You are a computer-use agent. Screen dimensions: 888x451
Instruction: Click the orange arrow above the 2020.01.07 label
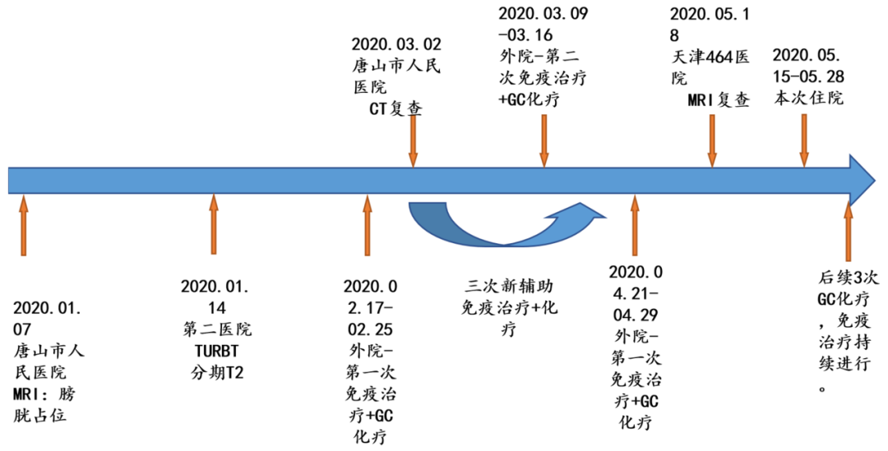click(23, 225)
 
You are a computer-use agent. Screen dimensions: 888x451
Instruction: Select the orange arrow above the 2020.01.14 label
click(214, 224)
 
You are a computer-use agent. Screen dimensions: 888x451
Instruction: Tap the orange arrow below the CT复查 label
click(414, 141)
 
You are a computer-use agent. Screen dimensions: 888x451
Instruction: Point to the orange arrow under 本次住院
click(804, 141)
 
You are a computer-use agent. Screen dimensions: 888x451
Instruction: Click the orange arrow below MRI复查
click(712, 141)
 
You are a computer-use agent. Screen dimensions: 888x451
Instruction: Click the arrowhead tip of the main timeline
click(876, 181)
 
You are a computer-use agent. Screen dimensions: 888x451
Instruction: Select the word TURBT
click(216, 352)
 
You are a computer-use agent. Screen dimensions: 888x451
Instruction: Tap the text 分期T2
click(217, 373)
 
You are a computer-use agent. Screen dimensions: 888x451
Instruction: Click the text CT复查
click(395, 108)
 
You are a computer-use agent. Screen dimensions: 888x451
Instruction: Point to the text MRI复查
click(719, 99)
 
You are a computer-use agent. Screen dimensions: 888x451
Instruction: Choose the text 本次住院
click(808, 97)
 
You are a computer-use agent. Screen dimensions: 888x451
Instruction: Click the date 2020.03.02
click(395, 44)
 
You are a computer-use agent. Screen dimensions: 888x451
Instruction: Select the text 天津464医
click(710, 57)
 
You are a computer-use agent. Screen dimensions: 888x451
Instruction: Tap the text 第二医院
click(217, 329)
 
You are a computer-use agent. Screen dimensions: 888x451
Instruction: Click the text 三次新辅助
click(509, 286)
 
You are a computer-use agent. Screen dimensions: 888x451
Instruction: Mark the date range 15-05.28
click(808, 76)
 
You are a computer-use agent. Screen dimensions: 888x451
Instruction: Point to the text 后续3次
click(848, 278)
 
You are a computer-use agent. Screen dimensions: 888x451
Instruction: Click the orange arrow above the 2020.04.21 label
click(635, 225)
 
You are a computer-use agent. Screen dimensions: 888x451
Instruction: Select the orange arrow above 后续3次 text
click(848, 231)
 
